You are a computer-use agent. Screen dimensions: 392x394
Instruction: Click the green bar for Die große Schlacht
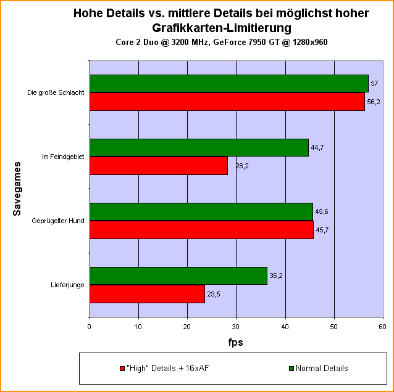click(x=228, y=84)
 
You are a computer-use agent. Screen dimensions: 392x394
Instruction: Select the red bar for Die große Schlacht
click(x=227, y=102)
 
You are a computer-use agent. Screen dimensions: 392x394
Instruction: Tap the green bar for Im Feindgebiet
click(x=199, y=148)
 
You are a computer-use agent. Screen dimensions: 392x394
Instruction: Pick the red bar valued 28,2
click(x=158, y=166)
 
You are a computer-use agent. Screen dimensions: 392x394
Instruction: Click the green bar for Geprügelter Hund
click(x=201, y=212)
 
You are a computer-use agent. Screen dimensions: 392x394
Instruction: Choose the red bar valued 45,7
click(x=201, y=230)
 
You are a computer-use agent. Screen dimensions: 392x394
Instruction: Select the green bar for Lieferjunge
click(x=178, y=276)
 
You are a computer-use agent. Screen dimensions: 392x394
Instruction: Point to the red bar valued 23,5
click(x=147, y=294)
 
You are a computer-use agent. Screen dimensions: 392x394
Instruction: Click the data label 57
click(x=374, y=83)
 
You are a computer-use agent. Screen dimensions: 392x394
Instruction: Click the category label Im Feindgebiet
click(x=63, y=157)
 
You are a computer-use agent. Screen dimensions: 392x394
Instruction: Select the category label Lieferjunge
click(x=68, y=285)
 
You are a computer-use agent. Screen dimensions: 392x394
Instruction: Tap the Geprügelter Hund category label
click(x=58, y=221)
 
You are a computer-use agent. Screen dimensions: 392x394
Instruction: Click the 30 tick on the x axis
click(x=236, y=327)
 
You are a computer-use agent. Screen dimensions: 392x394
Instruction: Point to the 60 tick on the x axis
click(x=382, y=327)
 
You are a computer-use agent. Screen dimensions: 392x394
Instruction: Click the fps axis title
click(x=235, y=342)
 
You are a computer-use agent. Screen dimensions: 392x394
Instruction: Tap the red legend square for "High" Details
click(x=122, y=369)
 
